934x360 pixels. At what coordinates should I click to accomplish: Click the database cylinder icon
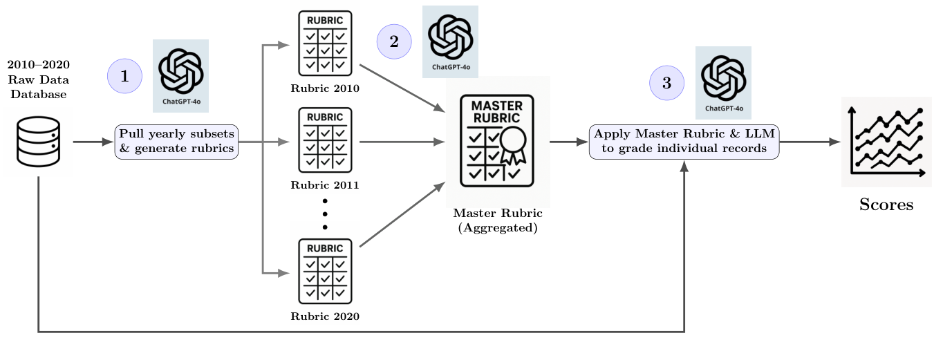(x=38, y=142)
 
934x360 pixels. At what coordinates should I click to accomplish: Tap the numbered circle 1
(x=124, y=76)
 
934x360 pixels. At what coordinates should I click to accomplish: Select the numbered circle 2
(x=394, y=41)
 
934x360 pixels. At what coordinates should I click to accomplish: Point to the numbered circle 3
(x=666, y=83)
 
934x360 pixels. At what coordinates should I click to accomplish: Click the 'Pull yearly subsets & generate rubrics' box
(x=176, y=142)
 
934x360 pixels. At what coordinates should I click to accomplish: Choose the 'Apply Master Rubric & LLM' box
(x=684, y=142)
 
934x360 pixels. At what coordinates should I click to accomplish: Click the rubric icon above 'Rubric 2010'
(x=325, y=44)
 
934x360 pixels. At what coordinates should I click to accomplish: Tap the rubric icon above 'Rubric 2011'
(x=325, y=140)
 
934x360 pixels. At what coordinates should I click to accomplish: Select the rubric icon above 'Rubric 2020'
(x=325, y=272)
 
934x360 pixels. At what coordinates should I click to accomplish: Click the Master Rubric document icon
(x=497, y=141)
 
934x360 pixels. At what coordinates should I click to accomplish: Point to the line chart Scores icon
(x=886, y=142)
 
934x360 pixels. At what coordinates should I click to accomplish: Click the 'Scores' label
(x=886, y=205)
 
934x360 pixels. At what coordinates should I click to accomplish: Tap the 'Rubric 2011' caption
(x=325, y=185)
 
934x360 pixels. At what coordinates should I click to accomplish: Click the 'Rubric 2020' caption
(x=325, y=316)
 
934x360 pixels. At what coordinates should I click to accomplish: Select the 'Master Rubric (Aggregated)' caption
(x=498, y=220)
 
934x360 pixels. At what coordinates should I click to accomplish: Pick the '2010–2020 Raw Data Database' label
(x=38, y=79)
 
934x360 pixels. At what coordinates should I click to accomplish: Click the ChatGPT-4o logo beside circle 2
(x=450, y=41)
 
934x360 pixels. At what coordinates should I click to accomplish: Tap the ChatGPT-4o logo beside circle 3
(x=723, y=83)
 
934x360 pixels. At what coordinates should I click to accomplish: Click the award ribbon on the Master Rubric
(x=513, y=146)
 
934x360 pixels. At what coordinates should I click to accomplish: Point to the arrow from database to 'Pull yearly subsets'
(x=93, y=142)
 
